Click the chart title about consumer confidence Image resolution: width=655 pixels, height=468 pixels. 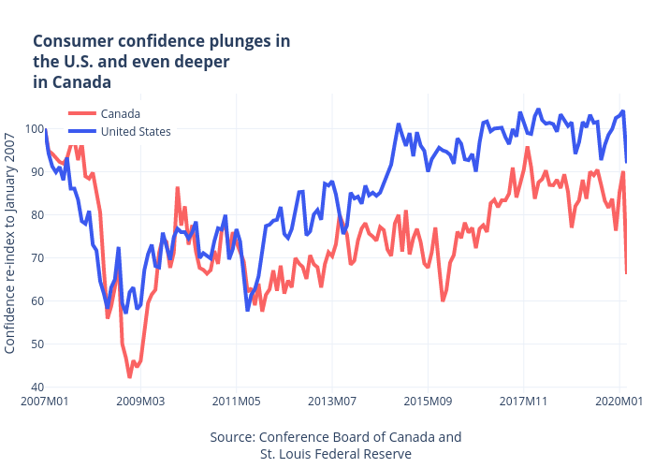click(x=161, y=62)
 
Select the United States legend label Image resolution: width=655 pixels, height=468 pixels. click(x=136, y=131)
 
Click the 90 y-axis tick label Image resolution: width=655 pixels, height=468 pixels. click(x=33, y=172)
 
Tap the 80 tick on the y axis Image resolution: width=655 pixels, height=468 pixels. click(x=33, y=215)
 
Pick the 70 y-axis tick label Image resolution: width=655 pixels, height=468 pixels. click(x=33, y=258)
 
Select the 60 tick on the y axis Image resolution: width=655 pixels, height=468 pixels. click(x=33, y=301)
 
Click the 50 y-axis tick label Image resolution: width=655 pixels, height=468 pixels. click(x=33, y=344)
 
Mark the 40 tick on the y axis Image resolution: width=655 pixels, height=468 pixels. click(x=33, y=388)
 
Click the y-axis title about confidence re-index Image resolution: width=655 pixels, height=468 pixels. click(x=10, y=243)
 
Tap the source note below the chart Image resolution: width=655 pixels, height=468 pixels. click(x=336, y=446)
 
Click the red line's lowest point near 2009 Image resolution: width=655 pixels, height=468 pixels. click(x=130, y=377)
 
